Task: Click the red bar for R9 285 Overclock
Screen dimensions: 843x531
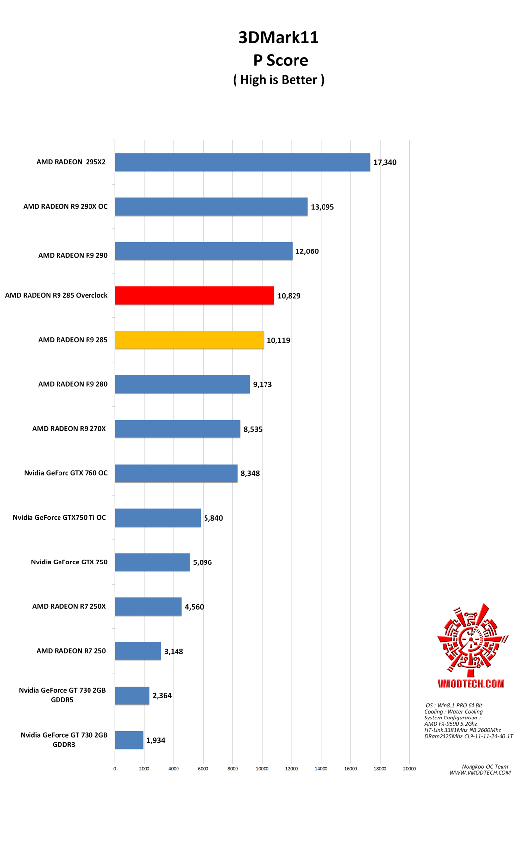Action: [x=194, y=295]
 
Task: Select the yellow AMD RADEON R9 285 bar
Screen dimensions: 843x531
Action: [x=189, y=340]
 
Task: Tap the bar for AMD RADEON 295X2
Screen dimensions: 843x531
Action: [x=242, y=162]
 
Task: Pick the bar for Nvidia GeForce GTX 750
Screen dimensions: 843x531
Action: [x=152, y=562]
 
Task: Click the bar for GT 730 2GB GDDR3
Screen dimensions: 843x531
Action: [x=129, y=740]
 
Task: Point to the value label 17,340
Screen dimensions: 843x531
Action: [x=384, y=162]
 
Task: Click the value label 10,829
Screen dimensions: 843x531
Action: [x=289, y=296]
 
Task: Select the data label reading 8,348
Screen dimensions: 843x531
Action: [x=250, y=473]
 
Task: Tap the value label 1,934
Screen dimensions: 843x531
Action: [x=155, y=740]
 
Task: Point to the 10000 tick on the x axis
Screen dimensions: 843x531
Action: [x=262, y=769]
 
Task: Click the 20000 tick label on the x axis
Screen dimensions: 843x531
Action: [x=409, y=769]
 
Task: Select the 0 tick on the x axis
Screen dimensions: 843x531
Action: [x=115, y=769]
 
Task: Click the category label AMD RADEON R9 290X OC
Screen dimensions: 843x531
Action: [x=65, y=206]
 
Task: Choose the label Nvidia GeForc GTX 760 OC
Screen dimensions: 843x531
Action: [x=65, y=473]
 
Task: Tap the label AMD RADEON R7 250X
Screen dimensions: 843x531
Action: [x=69, y=606]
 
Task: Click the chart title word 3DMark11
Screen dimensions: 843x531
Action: [x=278, y=37]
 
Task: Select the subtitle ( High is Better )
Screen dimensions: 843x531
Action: [x=278, y=80]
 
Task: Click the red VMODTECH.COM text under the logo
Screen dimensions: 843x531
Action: [x=471, y=684]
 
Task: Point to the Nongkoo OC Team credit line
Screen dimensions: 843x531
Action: [x=485, y=766]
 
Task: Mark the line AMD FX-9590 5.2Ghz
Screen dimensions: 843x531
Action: [x=450, y=724]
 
